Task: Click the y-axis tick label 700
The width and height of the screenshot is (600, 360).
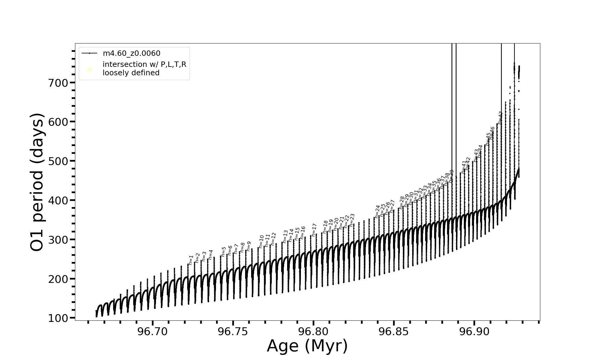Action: coord(58,83)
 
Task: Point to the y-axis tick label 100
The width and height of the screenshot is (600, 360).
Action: coord(58,318)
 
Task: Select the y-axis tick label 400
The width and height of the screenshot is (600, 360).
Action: coord(58,200)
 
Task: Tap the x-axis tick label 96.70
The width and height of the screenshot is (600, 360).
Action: coord(152,332)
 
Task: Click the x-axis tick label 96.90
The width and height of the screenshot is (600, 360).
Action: coord(474,332)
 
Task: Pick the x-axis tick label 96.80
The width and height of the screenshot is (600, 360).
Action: coord(313,332)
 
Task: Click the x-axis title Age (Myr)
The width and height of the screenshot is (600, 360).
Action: coord(307,346)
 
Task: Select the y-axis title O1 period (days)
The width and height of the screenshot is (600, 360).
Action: coord(38,182)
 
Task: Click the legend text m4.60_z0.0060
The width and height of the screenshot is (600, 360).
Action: coord(131,53)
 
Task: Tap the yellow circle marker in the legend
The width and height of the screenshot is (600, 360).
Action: coord(89,70)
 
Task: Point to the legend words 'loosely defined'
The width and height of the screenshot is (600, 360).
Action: coord(131,73)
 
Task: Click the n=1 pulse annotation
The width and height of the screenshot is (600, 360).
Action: coord(191,260)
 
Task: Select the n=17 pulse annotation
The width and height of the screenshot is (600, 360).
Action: coord(314,230)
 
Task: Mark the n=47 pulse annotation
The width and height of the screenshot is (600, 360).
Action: coord(500,118)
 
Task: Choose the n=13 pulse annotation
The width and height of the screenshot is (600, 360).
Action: coord(285,236)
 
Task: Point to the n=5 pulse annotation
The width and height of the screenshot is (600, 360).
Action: coord(223,252)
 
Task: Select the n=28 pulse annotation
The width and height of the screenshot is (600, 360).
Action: coord(402,202)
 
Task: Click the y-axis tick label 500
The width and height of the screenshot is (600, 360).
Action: coord(58,161)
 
